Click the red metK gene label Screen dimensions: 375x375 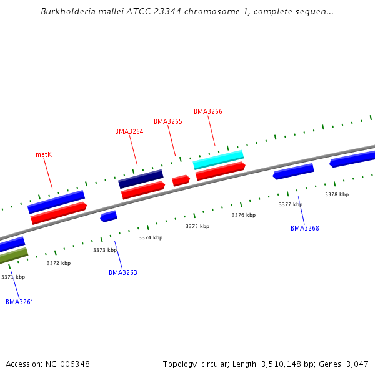click(x=43, y=154)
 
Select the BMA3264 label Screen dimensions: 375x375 click(x=129, y=132)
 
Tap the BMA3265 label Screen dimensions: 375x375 click(x=168, y=121)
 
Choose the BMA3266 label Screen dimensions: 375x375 click(x=208, y=112)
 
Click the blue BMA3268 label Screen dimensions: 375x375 click(x=304, y=229)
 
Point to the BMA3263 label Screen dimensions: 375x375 click(x=122, y=272)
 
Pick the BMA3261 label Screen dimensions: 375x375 click(x=19, y=302)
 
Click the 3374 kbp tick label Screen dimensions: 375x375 click(x=151, y=237)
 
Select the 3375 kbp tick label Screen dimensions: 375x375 click(x=197, y=226)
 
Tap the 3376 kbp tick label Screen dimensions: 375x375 click(x=244, y=215)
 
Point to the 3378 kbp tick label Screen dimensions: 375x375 click(x=337, y=194)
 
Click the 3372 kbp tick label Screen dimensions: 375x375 click(x=59, y=263)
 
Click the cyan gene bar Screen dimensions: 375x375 click(x=218, y=159)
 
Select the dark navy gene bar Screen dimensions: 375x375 click(x=141, y=179)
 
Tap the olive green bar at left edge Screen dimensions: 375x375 click(x=13, y=256)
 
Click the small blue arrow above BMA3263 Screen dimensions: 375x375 click(x=109, y=216)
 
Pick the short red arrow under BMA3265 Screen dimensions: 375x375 click(x=181, y=180)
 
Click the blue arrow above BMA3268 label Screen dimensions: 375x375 click(x=293, y=171)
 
